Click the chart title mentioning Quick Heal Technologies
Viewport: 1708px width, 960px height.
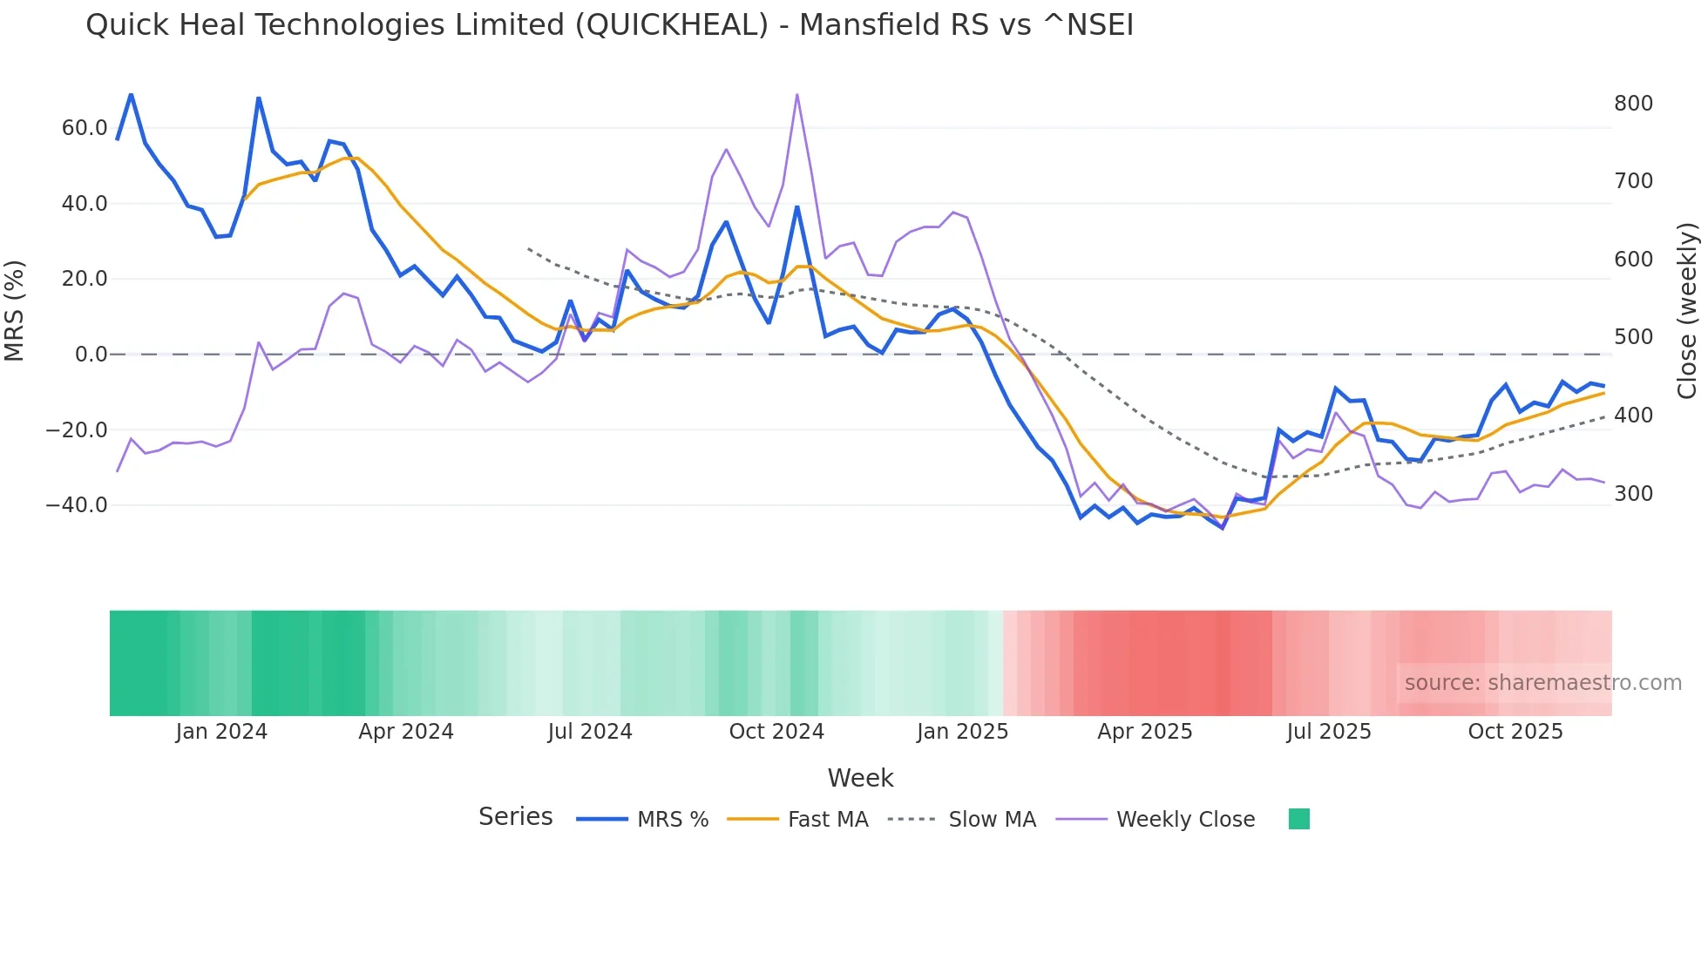coord(609,24)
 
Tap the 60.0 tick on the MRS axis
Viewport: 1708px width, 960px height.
coord(85,128)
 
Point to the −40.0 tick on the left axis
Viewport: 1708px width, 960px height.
coord(77,505)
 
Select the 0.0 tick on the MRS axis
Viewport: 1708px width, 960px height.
coord(91,355)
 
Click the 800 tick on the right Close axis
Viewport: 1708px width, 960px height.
coord(1633,104)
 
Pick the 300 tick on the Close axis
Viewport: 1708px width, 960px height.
coord(1633,494)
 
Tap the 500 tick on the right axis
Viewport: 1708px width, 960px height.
coord(1633,337)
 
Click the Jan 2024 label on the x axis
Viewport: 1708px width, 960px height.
coord(221,732)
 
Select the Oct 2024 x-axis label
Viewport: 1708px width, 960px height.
coord(776,732)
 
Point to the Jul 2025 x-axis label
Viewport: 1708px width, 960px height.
coord(1329,732)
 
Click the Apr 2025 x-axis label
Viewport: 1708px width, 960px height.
coord(1144,732)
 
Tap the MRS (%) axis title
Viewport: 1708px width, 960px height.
coord(15,311)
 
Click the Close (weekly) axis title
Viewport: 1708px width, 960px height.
coord(1688,311)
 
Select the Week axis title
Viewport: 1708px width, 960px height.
coord(860,778)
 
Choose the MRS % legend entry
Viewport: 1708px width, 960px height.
coord(672,820)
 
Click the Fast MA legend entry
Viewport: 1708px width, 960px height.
coord(827,820)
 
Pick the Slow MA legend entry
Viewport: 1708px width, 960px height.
coord(992,820)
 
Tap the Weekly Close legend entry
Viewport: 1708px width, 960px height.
coord(1185,820)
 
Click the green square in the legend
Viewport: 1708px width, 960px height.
coord(1298,819)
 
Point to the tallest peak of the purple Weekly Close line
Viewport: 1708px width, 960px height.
coord(796,94)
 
